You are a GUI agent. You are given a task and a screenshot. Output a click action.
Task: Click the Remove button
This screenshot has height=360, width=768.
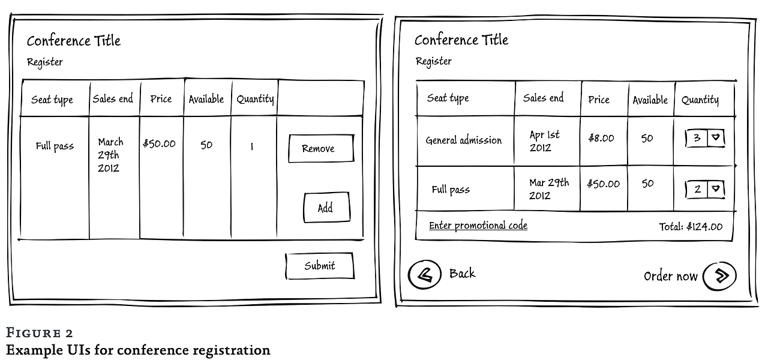(320, 148)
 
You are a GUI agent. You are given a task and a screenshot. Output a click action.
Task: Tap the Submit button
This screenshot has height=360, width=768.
(319, 266)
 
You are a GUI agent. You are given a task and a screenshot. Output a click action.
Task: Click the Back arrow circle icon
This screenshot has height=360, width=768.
(424, 275)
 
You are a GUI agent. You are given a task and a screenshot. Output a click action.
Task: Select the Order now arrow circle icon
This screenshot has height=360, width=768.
(718, 275)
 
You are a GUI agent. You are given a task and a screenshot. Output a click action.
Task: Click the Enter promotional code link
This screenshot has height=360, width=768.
(478, 226)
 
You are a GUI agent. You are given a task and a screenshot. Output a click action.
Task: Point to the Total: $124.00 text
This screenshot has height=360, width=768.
(691, 227)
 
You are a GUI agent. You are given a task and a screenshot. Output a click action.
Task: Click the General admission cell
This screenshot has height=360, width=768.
(464, 140)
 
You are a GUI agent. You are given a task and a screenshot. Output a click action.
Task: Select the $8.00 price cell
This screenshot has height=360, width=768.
(601, 138)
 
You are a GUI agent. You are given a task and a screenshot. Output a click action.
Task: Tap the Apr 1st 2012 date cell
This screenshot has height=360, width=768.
(544, 141)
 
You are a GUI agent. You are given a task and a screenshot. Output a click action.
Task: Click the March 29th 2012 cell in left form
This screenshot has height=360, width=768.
(110, 155)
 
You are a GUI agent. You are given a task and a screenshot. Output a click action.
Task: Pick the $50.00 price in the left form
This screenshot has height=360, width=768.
(160, 143)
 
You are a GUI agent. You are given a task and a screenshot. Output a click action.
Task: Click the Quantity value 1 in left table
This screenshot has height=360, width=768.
(252, 146)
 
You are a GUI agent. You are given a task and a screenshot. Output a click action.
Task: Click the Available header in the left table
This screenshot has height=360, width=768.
(206, 99)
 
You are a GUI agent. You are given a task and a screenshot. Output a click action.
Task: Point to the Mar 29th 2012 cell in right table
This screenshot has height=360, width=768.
(548, 189)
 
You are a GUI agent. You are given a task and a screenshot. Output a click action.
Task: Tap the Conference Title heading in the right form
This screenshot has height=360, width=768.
(461, 40)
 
